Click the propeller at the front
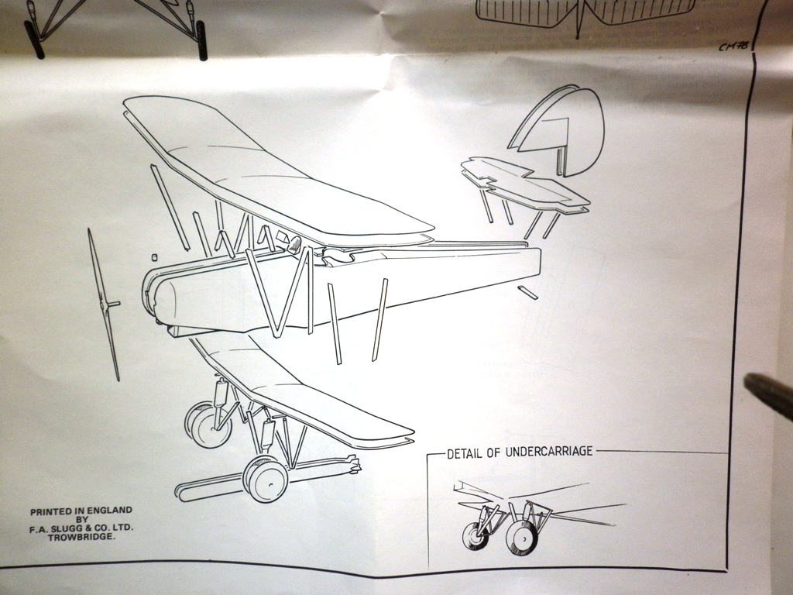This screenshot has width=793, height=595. tap(104, 305)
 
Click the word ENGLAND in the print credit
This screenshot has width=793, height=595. tap(111, 511)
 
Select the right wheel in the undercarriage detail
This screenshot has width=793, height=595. tap(521, 537)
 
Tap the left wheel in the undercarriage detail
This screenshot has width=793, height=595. tap(475, 535)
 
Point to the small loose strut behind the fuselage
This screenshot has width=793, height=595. tap(527, 292)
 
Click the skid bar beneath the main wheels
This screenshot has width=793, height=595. tap(232, 485)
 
